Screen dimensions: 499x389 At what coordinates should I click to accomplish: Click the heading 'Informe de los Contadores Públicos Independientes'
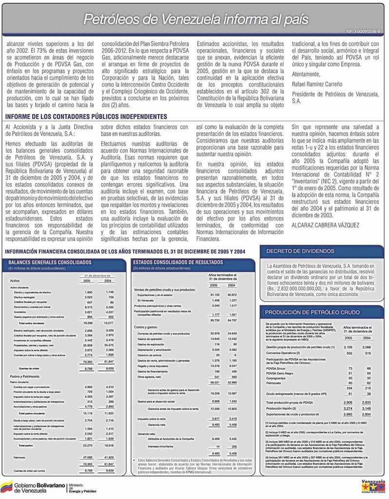[x=86, y=117]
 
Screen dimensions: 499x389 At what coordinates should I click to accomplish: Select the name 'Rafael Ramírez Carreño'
[x=317, y=84]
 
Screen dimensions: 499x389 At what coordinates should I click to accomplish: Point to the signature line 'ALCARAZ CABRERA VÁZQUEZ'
[x=326, y=225]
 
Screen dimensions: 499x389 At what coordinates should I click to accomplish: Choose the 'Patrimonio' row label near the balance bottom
[x=19, y=457]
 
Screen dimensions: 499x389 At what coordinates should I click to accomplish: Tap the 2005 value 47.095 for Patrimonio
[x=88, y=457]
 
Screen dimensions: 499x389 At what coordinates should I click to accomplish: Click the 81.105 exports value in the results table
[x=214, y=295]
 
